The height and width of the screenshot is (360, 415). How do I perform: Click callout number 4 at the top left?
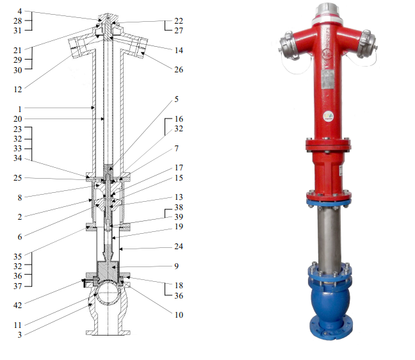tap(20, 11)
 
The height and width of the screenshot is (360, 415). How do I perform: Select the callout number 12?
tap(18, 90)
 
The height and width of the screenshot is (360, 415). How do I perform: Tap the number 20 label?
tap(18, 119)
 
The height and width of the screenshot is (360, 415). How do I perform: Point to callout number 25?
tap(18, 177)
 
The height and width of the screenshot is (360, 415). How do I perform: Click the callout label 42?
tap(18, 305)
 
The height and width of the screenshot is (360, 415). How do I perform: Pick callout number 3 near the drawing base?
tap(20, 335)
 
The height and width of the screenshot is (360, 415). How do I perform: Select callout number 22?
tap(179, 20)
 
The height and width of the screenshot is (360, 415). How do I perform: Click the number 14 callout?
tap(179, 51)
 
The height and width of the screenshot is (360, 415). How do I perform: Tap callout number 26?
tap(179, 70)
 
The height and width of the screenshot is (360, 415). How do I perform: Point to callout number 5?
tap(177, 99)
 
